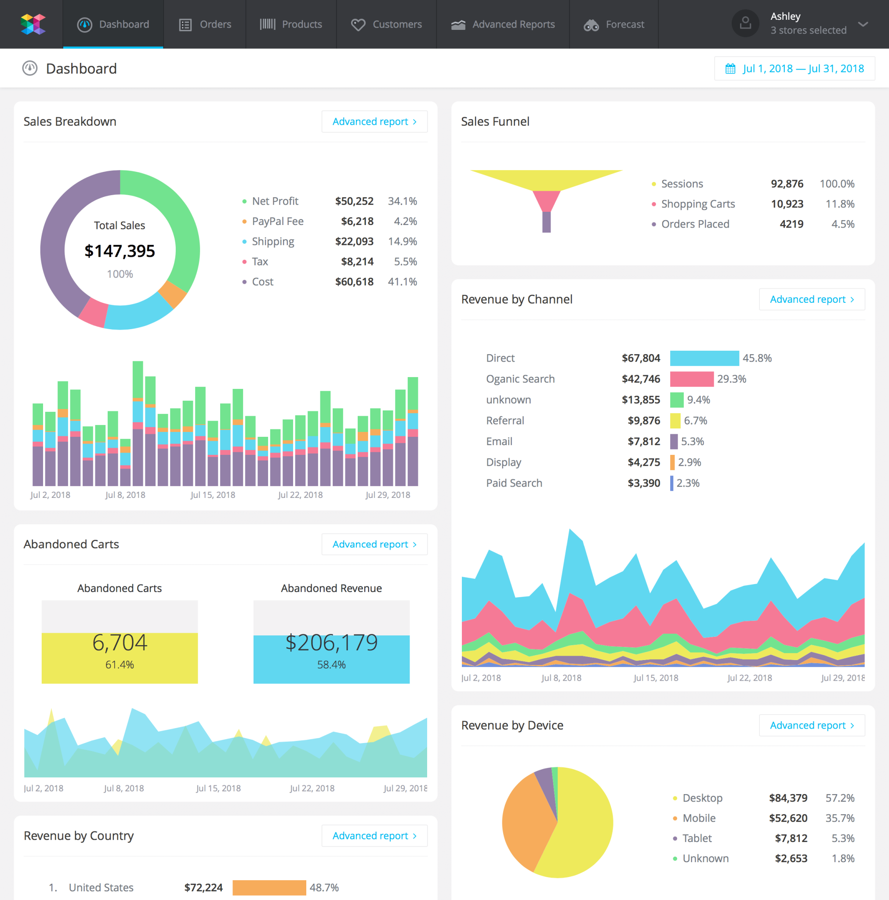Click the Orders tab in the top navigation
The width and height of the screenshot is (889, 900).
point(205,24)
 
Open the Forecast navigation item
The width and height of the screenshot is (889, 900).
point(614,24)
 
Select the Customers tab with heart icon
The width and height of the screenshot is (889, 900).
point(386,24)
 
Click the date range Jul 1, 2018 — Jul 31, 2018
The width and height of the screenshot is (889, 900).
point(795,69)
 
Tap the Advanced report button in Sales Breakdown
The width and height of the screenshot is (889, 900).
point(374,122)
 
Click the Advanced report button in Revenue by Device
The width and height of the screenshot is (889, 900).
point(812,725)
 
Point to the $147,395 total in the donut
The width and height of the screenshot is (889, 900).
point(120,251)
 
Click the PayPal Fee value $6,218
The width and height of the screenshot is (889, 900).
point(357,221)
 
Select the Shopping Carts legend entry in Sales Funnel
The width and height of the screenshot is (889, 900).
point(697,204)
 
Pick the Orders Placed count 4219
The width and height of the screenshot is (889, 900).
point(791,224)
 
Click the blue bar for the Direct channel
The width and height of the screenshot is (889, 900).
point(704,358)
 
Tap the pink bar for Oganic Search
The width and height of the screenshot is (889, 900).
point(691,379)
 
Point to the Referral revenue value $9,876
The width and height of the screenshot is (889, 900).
point(643,421)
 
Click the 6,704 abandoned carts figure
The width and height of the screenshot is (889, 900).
point(120,643)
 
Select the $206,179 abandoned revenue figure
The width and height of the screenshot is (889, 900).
point(331,643)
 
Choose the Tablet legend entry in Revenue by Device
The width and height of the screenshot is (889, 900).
point(697,838)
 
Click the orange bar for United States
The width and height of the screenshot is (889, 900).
point(269,887)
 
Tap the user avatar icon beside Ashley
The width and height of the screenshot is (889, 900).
point(745,23)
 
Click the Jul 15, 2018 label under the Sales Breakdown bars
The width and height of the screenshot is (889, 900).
point(213,495)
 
